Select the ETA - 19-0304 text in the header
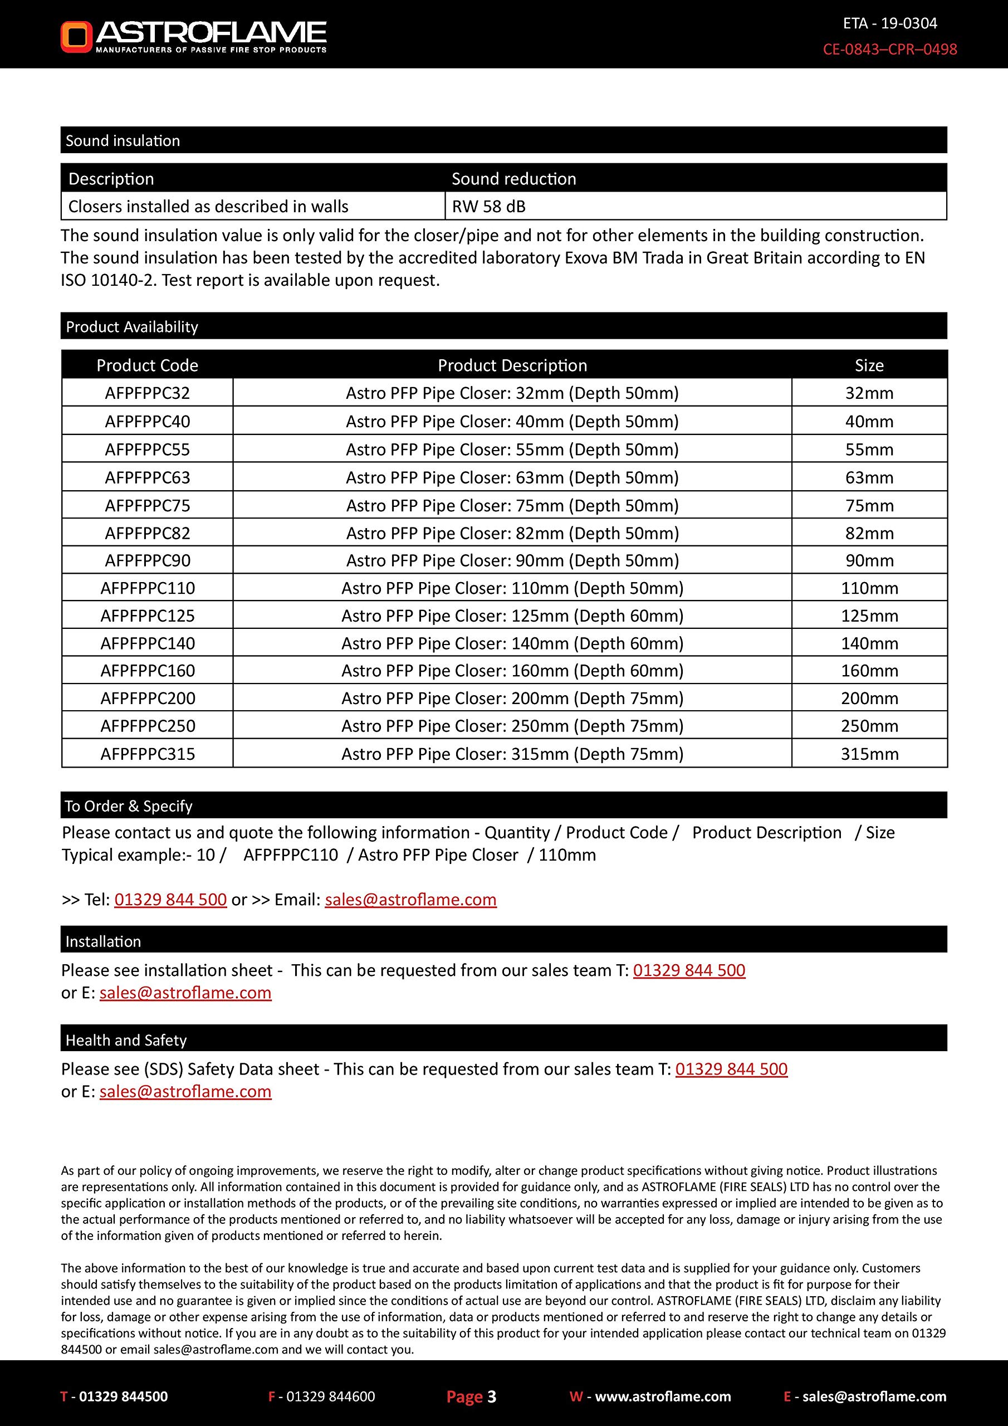(889, 23)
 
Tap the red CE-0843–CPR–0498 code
(889, 49)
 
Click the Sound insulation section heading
(123, 141)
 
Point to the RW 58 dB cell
(489, 206)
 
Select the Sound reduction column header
(513, 179)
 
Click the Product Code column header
(147, 365)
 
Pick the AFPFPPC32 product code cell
(147, 393)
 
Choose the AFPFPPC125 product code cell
(147, 616)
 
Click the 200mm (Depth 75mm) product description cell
(512, 698)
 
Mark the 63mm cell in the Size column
(869, 477)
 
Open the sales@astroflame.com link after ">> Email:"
(410, 899)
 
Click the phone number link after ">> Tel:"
(171, 899)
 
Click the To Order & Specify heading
(129, 806)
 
